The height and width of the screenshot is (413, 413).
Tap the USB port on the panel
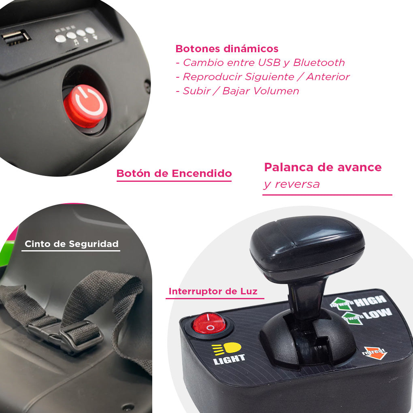[15, 37]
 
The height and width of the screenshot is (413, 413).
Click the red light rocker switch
[209, 323]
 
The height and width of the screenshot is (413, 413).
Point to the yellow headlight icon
[226, 349]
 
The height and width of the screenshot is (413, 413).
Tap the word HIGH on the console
[370, 301]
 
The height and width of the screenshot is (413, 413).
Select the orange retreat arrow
[375, 353]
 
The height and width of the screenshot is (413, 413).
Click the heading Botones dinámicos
[227, 49]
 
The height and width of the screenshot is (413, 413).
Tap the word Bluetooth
[319, 62]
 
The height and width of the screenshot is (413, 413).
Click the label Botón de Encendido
[174, 173]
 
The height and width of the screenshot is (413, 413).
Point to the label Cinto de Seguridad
[71, 244]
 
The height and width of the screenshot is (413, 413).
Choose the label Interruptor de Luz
[213, 291]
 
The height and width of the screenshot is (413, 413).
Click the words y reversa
[292, 184]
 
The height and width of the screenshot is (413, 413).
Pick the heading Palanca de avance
[323, 167]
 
